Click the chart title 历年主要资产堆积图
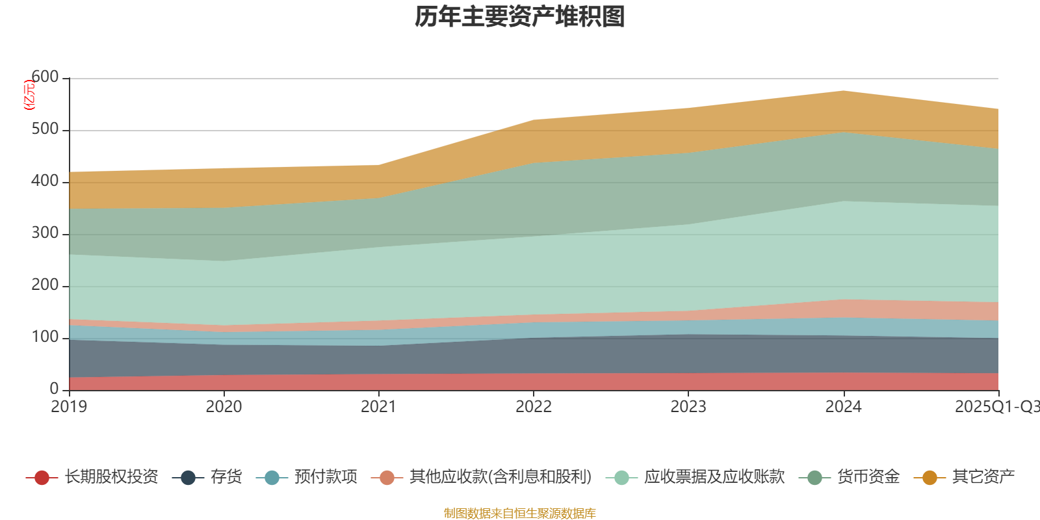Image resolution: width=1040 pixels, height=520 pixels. [x=520, y=18]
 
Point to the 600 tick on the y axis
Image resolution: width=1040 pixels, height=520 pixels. [x=45, y=77]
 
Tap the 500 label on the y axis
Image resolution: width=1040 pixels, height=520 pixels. [x=45, y=129]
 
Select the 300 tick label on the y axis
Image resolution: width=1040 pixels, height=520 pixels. [x=45, y=233]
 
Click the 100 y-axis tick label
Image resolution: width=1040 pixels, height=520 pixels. [x=45, y=337]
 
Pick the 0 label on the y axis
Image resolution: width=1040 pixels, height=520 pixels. [x=54, y=389]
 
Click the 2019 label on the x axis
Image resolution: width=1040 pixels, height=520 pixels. [x=69, y=407]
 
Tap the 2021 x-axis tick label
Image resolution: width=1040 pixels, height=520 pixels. [x=379, y=407]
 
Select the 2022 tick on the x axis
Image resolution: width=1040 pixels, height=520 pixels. [x=534, y=407]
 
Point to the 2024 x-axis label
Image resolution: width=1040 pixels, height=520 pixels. [x=843, y=407]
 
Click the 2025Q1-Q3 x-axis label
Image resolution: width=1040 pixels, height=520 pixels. [x=996, y=407]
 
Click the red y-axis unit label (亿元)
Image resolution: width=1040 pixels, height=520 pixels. [x=29, y=95]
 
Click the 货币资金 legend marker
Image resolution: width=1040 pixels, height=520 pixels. [x=814, y=478]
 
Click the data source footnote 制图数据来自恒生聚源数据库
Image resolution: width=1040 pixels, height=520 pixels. [x=520, y=513]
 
